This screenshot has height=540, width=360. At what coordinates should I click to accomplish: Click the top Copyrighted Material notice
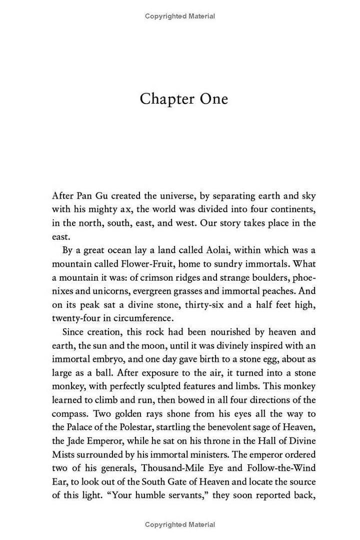click(180, 16)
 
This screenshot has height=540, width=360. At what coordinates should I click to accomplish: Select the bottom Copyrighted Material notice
click(180, 524)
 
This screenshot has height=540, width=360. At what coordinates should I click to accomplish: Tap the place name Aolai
click(198, 250)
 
